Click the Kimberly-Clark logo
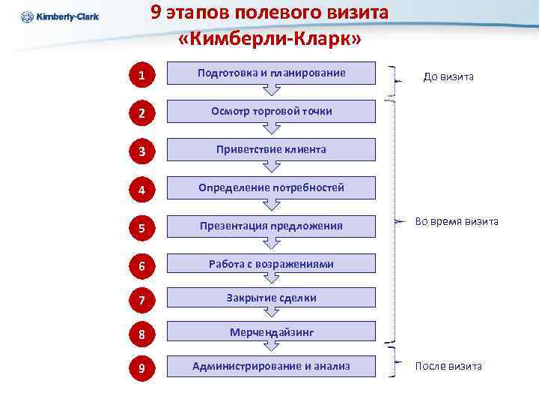[x=60, y=16]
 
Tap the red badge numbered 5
[x=141, y=226]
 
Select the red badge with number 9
[x=141, y=367]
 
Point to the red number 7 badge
[x=141, y=299]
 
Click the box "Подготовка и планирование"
[x=271, y=73]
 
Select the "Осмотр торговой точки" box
[x=271, y=111]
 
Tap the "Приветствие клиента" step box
[x=271, y=149]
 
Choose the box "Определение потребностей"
[x=271, y=187]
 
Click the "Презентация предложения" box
[x=271, y=226]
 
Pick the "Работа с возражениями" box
[x=271, y=264]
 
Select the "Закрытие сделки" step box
[x=271, y=298]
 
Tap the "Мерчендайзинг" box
[x=271, y=331]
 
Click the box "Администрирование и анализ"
[x=271, y=366]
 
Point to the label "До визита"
[x=448, y=76]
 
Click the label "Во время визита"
[x=457, y=221]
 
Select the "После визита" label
[x=448, y=366]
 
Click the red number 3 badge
[x=141, y=151]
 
